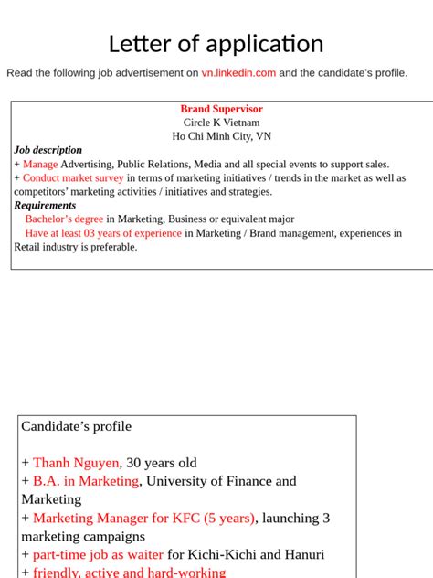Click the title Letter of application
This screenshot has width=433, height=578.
click(216, 44)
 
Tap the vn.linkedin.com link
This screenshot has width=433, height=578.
click(238, 73)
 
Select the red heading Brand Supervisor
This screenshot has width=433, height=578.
click(221, 109)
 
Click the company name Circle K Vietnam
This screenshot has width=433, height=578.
click(221, 123)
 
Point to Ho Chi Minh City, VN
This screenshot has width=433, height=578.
click(221, 136)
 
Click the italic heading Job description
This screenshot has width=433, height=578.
click(48, 150)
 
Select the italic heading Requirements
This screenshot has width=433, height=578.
click(45, 206)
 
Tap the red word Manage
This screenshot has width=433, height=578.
click(40, 164)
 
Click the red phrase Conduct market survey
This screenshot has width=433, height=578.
click(73, 178)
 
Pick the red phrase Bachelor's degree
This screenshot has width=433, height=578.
click(64, 219)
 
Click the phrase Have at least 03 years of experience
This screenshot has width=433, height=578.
click(103, 233)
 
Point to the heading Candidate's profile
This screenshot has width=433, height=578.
click(77, 426)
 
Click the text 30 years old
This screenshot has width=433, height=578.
click(161, 463)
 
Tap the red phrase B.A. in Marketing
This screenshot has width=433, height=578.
click(86, 481)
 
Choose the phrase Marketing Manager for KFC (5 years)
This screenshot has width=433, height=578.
click(143, 518)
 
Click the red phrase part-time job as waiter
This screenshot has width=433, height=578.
click(98, 554)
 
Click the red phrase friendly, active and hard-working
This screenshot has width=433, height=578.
click(129, 573)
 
